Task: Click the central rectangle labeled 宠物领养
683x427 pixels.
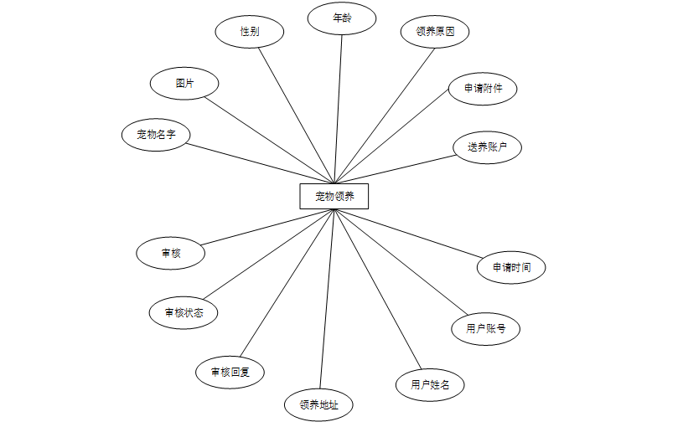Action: (334, 197)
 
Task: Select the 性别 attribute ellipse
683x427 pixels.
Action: (249, 32)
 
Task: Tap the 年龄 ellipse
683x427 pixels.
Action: (341, 18)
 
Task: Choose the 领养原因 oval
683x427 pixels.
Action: (434, 33)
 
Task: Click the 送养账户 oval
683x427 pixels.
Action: (487, 147)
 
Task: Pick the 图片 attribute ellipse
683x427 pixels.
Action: (184, 84)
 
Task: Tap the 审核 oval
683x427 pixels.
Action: (171, 253)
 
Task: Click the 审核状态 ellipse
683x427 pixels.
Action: (184, 313)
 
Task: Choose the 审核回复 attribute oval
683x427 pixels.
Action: (230, 372)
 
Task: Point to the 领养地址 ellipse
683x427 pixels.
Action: (318, 405)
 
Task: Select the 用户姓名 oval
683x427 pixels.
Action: (429, 385)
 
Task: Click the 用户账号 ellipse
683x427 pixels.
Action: (486, 328)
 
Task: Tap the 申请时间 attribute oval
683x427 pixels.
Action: (511, 268)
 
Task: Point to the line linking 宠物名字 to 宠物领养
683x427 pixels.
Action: (260, 163)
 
